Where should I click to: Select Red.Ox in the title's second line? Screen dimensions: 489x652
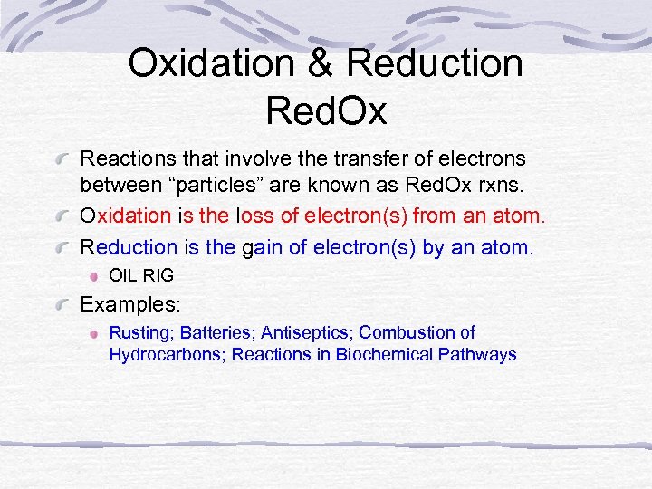326,111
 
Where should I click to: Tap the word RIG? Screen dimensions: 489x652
158,275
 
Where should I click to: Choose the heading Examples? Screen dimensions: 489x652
131,304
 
